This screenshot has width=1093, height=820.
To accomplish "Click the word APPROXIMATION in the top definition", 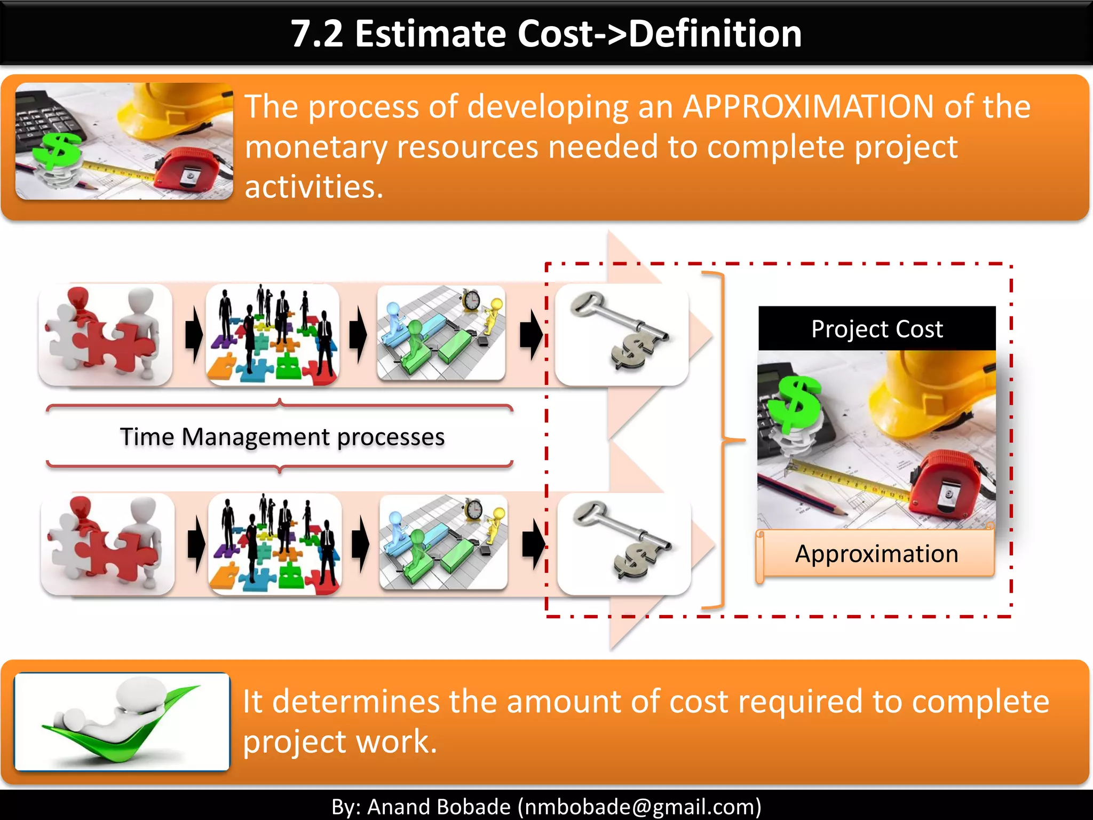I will [809, 107].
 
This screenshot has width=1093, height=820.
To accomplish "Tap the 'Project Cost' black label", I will [877, 329].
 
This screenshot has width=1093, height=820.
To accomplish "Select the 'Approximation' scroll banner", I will [876, 554].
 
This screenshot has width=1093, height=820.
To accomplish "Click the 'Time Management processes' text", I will [282, 437].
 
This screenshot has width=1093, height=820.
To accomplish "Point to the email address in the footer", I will [639, 806].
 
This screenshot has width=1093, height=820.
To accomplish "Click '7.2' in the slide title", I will [316, 34].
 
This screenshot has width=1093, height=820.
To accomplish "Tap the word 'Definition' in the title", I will [715, 34].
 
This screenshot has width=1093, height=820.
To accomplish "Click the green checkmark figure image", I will [122, 721].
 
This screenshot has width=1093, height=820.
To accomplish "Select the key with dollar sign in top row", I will [622, 335].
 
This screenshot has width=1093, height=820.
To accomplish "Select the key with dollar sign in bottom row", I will [624, 544].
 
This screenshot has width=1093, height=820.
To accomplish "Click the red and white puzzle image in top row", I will [105, 335].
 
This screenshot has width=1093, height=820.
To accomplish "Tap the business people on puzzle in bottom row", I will [275, 544].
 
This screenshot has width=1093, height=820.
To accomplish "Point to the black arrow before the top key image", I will [530, 335].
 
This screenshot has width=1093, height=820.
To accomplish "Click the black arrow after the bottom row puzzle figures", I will [196, 544].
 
